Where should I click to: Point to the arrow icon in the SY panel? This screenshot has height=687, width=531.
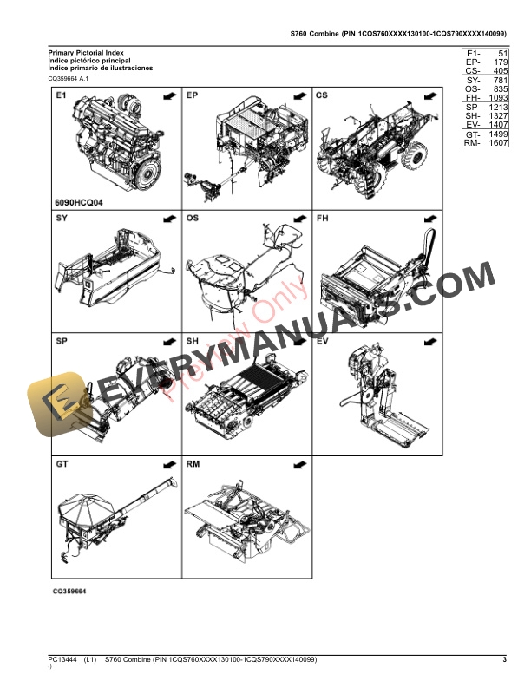pos(169,219)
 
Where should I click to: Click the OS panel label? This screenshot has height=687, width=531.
pos(192,219)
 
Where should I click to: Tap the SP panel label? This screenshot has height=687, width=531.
pos(62,342)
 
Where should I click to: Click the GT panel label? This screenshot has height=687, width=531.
pos(62,465)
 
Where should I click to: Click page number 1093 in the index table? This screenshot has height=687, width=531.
pos(495,99)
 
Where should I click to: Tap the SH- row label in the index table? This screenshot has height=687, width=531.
pos(473,115)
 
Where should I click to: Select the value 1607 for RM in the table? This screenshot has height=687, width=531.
pos(495,142)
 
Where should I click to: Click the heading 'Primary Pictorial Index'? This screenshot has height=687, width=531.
pos(86,53)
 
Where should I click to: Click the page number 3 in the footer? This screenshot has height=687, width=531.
pos(503,661)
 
